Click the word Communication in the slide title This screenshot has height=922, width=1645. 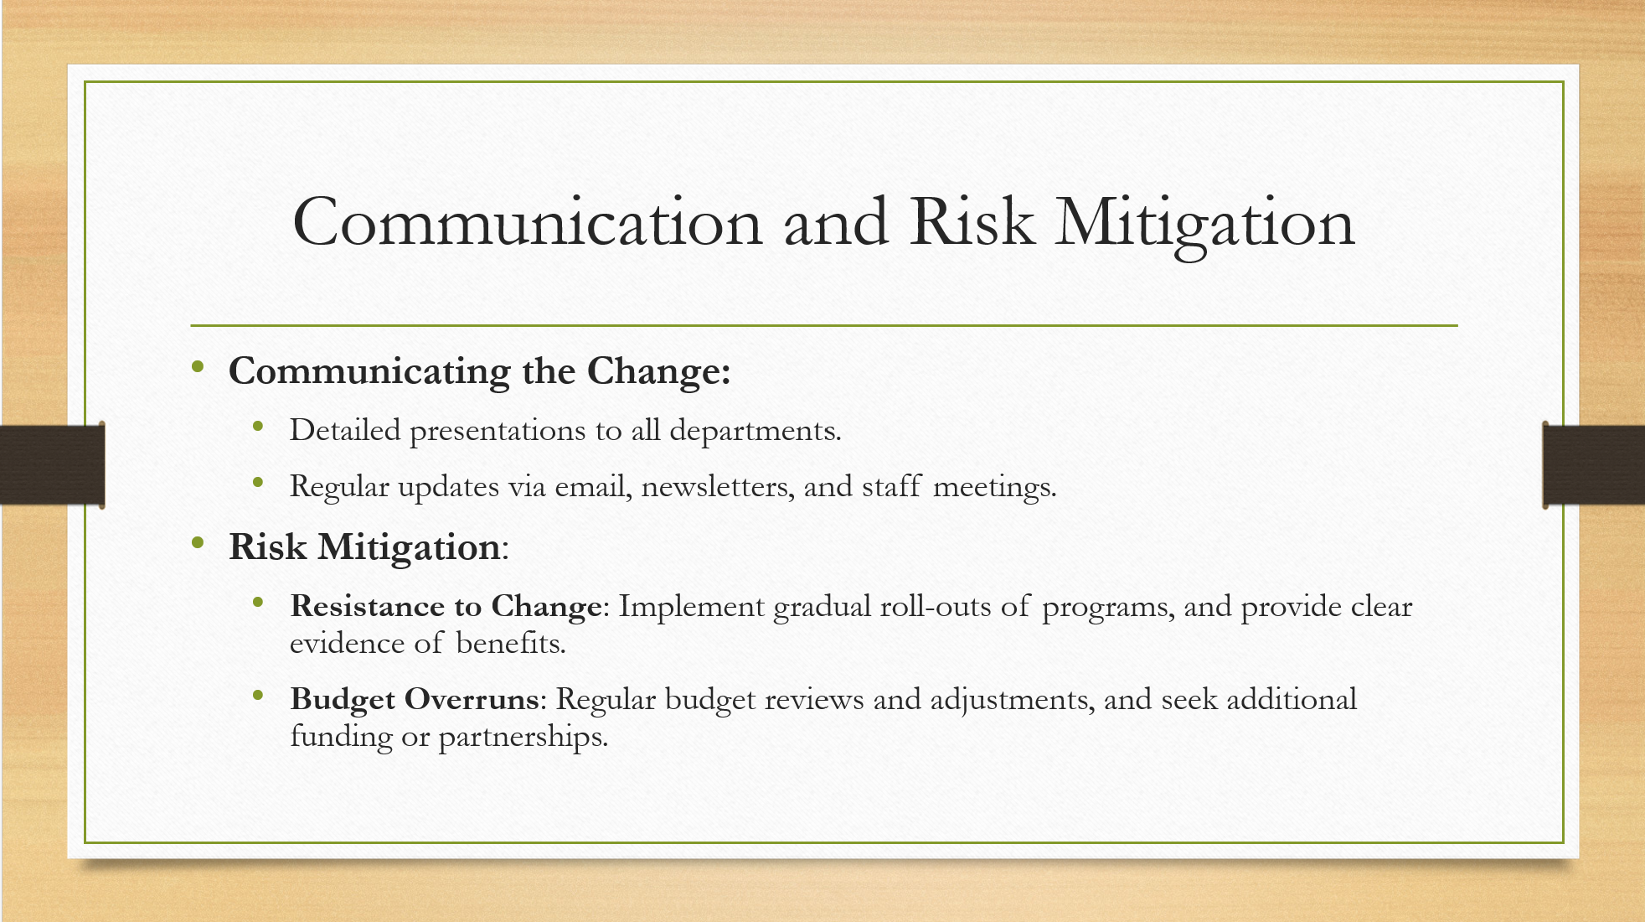[528, 221]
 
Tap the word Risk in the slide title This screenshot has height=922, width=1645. [972, 221]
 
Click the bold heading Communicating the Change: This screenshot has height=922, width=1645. [480, 372]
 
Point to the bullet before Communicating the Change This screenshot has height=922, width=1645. [198, 366]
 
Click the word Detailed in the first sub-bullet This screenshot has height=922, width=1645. [345, 430]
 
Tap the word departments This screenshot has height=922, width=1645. [755, 432]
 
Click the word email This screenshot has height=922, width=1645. [593, 486]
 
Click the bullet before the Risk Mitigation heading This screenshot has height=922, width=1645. [198, 542]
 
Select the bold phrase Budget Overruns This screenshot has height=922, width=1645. [415, 700]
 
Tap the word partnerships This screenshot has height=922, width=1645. [523, 738]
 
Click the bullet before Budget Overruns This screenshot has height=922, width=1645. [258, 695]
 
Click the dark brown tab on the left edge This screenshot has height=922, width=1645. [52, 465]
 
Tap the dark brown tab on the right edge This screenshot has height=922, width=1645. [1593, 465]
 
